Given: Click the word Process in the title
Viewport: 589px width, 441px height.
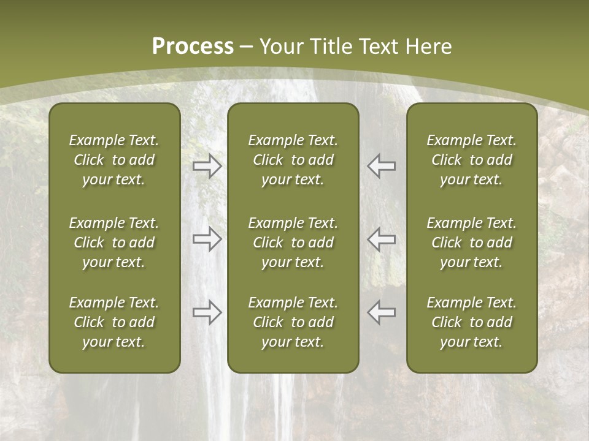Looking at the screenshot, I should pos(193,47).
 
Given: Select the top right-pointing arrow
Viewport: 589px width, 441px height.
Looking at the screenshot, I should pos(207,166).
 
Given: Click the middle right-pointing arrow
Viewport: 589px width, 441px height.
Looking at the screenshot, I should pos(207,239).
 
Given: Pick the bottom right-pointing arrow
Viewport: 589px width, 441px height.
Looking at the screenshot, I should pos(207,312).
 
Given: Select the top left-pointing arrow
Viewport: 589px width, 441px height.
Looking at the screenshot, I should pos(381,166).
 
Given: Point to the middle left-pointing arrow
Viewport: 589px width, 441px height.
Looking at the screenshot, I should pos(381,239).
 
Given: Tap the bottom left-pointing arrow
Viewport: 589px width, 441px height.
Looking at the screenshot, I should pos(381,312).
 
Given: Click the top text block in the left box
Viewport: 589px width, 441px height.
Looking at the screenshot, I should pos(114,160).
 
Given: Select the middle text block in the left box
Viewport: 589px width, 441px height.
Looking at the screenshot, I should pos(114,243).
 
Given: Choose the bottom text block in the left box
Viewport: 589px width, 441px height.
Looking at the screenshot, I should pos(114,322).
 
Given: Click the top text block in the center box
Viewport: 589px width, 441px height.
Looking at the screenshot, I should pos(293,160).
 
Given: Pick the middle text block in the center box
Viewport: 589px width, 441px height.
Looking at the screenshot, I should pos(293,243).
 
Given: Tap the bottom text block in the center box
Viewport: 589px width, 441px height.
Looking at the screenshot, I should pos(293,322).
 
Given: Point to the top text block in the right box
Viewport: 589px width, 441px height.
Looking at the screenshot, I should pos(471,160).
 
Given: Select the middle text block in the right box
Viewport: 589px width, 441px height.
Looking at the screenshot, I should pos(471,243).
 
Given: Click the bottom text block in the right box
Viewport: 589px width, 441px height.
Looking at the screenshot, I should pos(471,322).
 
